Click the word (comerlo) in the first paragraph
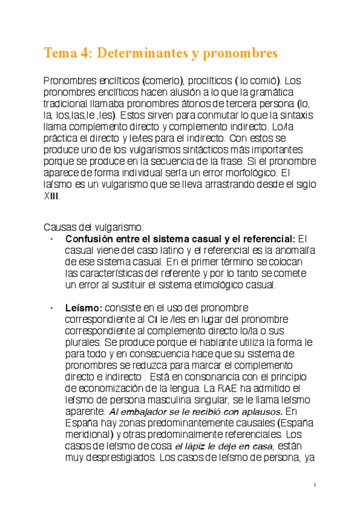tap(166, 80)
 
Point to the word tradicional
tap(67, 103)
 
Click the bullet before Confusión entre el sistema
tap(53, 239)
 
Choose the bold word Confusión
tap(90, 239)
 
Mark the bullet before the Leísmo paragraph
tap(53, 307)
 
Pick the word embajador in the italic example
tap(145, 411)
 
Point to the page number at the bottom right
tap(316, 485)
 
